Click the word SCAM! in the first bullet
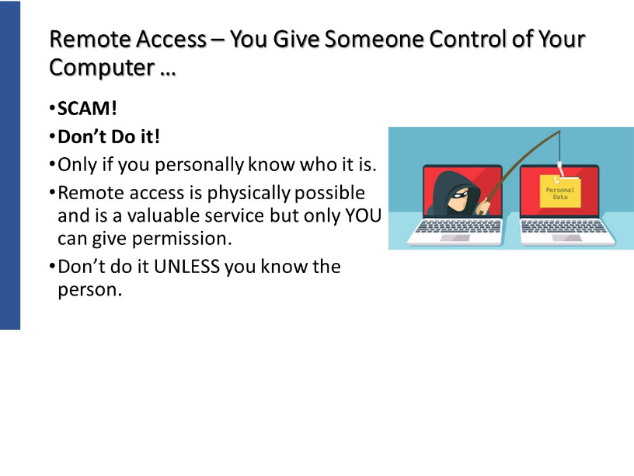(87, 108)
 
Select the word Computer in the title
(102, 67)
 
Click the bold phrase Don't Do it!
(109, 137)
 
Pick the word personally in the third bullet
(200, 165)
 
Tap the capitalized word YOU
(363, 215)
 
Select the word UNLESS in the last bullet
(186, 267)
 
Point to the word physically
(249, 194)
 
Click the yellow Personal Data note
(560, 191)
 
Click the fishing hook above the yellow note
(560, 171)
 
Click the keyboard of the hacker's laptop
(458, 226)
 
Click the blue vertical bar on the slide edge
(10, 165)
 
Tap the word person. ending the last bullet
(90, 290)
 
